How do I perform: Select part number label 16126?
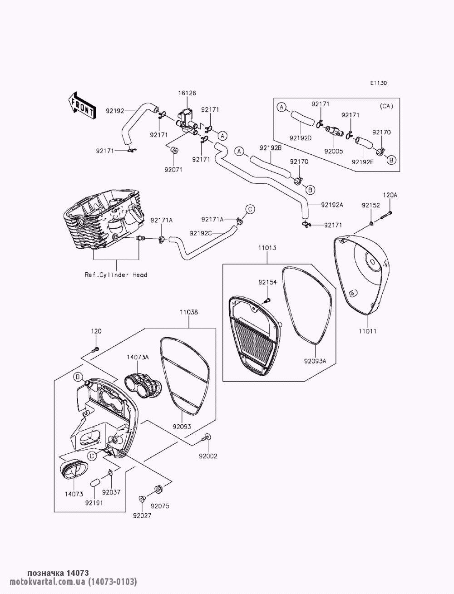point(187,93)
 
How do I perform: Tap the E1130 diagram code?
point(379,83)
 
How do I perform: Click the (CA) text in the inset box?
point(386,106)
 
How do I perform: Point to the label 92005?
point(334,151)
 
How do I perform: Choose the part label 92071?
point(173,170)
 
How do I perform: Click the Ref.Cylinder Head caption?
point(116,275)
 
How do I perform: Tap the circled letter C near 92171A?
point(250,209)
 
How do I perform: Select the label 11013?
point(267,248)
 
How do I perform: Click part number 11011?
point(368,331)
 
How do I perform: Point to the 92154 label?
point(267,283)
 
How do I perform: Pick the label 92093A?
point(315,361)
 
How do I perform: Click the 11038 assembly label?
point(189,312)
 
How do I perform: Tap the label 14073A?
point(138,357)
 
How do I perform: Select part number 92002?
point(208,456)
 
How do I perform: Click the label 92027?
point(142,515)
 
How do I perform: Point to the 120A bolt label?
point(390,195)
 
